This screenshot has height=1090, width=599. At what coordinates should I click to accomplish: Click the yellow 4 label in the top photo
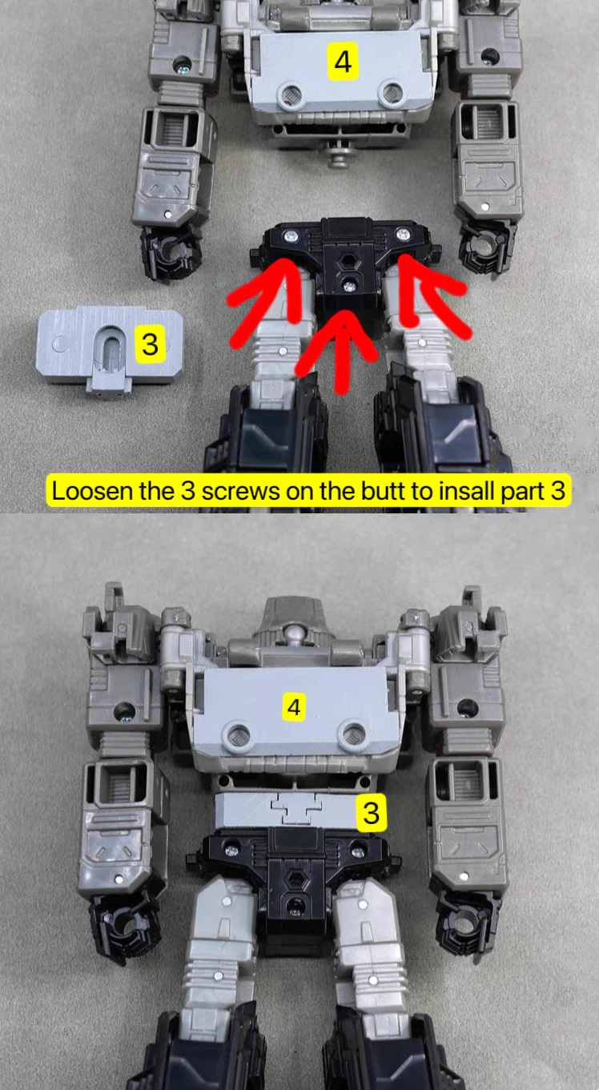pyautogui.click(x=343, y=62)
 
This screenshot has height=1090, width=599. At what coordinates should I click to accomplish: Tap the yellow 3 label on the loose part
pyautogui.click(x=150, y=344)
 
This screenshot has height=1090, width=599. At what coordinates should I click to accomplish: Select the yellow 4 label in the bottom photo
pyautogui.click(x=294, y=706)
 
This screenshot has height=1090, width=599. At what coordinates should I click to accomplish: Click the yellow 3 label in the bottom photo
pyautogui.click(x=372, y=813)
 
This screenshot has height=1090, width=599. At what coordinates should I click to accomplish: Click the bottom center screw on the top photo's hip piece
pyautogui.click(x=348, y=286)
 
